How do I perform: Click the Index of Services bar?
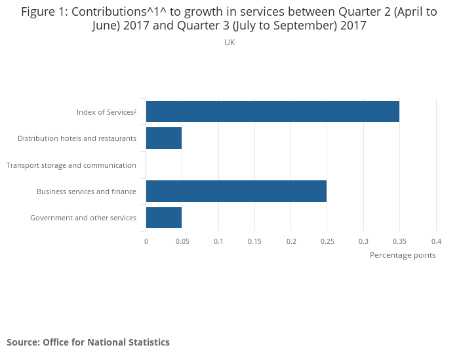pos(272,111)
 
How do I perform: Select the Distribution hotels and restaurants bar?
pos(163,138)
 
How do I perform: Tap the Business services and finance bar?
pos(236,191)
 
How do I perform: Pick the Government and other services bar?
pos(163,218)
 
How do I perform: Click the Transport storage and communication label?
pos(71,165)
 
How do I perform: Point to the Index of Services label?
pos(106,112)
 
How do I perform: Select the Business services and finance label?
pos(87,191)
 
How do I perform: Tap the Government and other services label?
pos(83,218)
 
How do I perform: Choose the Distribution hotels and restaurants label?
pos(77,138)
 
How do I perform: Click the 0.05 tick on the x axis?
pos(182,241)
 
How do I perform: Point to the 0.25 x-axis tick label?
pos(327,241)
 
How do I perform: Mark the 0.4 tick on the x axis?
pos(436,241)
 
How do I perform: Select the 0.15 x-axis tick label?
pos(254,241)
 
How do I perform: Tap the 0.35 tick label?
pos(400,241)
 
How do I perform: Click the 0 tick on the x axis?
pos(146,241)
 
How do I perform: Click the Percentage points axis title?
pos(403,255)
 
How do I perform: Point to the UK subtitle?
pos(229,43)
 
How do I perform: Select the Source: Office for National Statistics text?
pos(88,342)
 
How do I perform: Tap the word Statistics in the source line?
pos(150,342)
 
